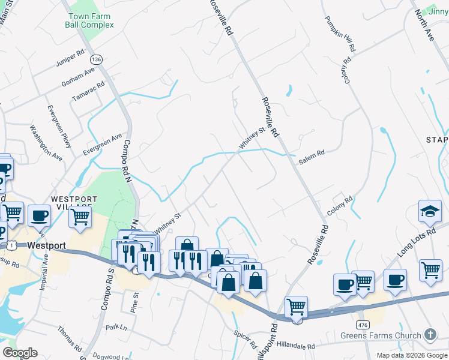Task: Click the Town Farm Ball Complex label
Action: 90,20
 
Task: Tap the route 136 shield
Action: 96,59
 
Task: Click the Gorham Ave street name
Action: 79,77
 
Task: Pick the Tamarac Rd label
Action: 88,91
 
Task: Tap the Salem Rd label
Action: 312,154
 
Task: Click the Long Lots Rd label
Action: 423,239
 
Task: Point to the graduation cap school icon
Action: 430,211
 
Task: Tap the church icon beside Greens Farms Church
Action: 430,334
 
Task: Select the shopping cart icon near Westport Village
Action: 80,217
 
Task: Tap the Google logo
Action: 20,353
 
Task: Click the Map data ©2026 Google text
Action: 411,355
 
